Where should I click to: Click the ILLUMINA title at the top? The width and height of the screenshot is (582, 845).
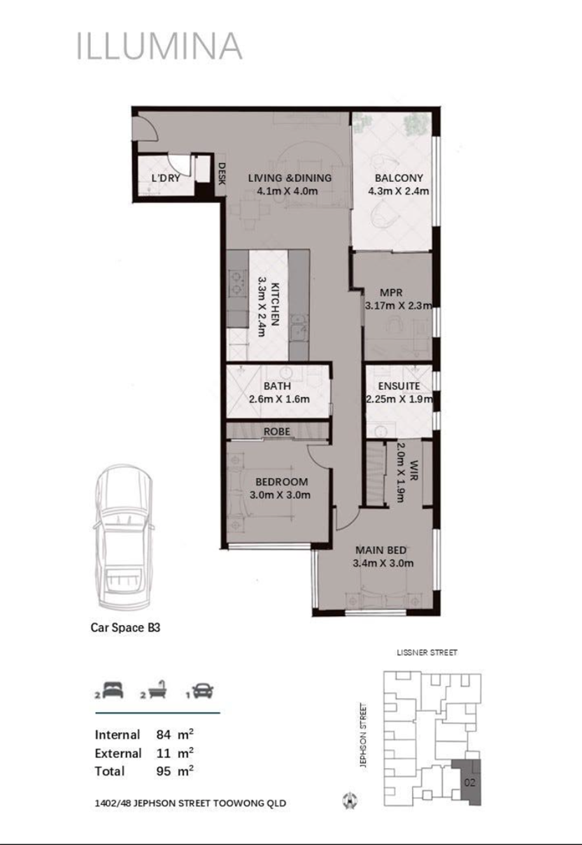click(159, 46)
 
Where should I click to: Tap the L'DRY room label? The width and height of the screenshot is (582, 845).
click(166, 178)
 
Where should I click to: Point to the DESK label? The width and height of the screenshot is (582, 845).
click(222, 174)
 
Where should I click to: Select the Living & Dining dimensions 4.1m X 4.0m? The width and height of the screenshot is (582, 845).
click(288, 191)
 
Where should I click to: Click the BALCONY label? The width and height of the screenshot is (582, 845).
click(399, 178)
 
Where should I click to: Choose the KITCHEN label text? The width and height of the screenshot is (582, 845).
click(275, 304)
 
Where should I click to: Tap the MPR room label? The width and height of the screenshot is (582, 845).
click(391, 293)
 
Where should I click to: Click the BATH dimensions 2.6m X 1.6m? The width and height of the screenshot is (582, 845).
click(279, 399)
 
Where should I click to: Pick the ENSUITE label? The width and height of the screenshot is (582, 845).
click(399, 386)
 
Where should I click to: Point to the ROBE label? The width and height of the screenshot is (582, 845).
click(277, 431)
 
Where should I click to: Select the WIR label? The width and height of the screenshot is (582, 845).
click(414, 470)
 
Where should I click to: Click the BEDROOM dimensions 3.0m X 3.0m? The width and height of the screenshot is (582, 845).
click(280, 495)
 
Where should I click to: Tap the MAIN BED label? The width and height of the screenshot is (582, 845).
click(381, 550)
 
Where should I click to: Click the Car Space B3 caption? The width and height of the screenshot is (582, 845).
click(125, 627)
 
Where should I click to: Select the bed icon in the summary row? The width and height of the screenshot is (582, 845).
click(113, 690)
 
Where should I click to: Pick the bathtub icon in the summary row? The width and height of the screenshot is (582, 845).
click(157, 690)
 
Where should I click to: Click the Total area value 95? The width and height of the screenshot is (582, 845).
click(164, 771)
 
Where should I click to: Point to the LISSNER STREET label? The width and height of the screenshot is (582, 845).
click(427, 652)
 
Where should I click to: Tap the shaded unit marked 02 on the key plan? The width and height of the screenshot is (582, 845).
click(469, 783)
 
